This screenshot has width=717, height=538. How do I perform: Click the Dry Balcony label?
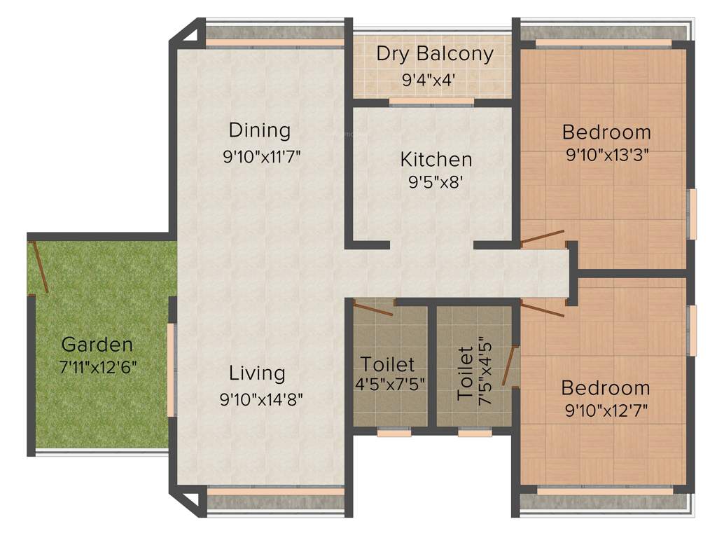(x=435, y=54)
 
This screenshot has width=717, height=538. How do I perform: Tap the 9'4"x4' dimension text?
(x=429, y=80)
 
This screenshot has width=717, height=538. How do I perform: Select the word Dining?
(x=259, y=130)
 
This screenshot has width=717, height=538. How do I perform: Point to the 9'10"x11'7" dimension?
(x=261, y=156)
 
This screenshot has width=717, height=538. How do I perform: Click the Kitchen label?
(x=436, y=159)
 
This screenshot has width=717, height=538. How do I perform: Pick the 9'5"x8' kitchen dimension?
(x=436, y=184)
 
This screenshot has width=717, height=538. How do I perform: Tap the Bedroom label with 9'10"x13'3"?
(x=606, y=132)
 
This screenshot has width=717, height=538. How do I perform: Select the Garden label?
(x=97, y=345)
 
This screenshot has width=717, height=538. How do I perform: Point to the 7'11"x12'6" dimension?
(x=99, y=368)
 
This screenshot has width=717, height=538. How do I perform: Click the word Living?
(x=257, y=373)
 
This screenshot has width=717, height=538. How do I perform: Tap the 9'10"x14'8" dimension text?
(x=261, y=399)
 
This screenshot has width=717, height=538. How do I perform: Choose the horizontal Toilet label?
(x=387, y=364)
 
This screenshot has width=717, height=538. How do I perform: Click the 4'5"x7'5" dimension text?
(x=390, y=384)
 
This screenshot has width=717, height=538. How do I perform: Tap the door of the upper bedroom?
(x=543, y=237)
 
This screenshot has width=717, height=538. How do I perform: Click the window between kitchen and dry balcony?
(x=431, y=102)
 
